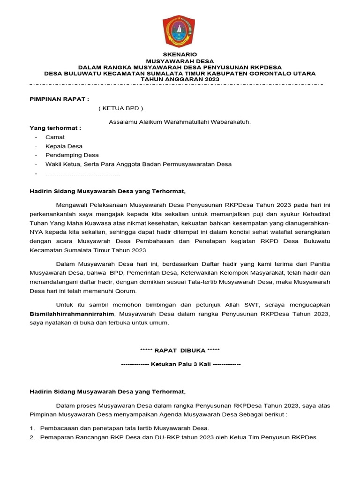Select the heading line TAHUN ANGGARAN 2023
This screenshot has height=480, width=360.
(180, 80)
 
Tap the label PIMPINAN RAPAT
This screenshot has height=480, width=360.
(59, 99)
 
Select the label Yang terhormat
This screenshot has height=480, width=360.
(55, 128)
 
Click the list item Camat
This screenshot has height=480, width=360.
(55, 137)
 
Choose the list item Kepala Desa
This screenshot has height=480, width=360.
(64, 146)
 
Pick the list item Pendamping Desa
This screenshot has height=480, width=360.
(72, 155)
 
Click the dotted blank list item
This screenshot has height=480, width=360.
(82, 174)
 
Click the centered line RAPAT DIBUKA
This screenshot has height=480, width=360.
(180, 350)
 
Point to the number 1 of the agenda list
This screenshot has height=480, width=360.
(32, 428)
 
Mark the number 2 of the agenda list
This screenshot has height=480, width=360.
(32, 437)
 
